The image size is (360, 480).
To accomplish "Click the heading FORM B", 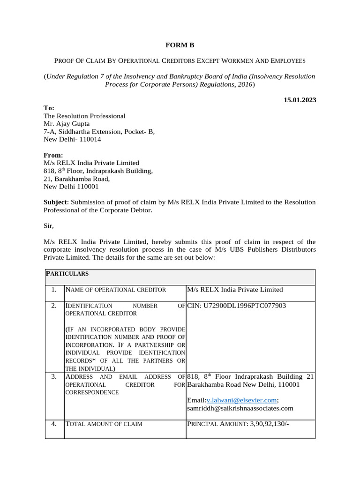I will pos(180,45).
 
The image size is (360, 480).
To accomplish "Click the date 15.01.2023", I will pos(300,100).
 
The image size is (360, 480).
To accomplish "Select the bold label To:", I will pos(49,108).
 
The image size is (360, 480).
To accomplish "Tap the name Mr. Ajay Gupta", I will pos(67,124).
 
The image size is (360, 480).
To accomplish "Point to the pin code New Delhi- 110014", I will pos(72,139).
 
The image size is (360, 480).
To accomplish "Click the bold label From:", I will pos(53,155).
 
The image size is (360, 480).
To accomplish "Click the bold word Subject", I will pos(56,202).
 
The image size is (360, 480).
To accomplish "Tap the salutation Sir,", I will pos(49,225).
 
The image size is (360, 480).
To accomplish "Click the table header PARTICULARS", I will pos(67,273).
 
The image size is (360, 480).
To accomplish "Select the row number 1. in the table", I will pos(54,290).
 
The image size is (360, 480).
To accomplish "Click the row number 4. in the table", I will pos(54,424).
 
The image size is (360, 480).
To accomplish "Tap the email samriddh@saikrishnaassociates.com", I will pos(240,408).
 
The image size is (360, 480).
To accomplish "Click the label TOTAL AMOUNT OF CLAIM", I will pos(104,424).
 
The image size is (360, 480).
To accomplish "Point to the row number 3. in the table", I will pos(54,376).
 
